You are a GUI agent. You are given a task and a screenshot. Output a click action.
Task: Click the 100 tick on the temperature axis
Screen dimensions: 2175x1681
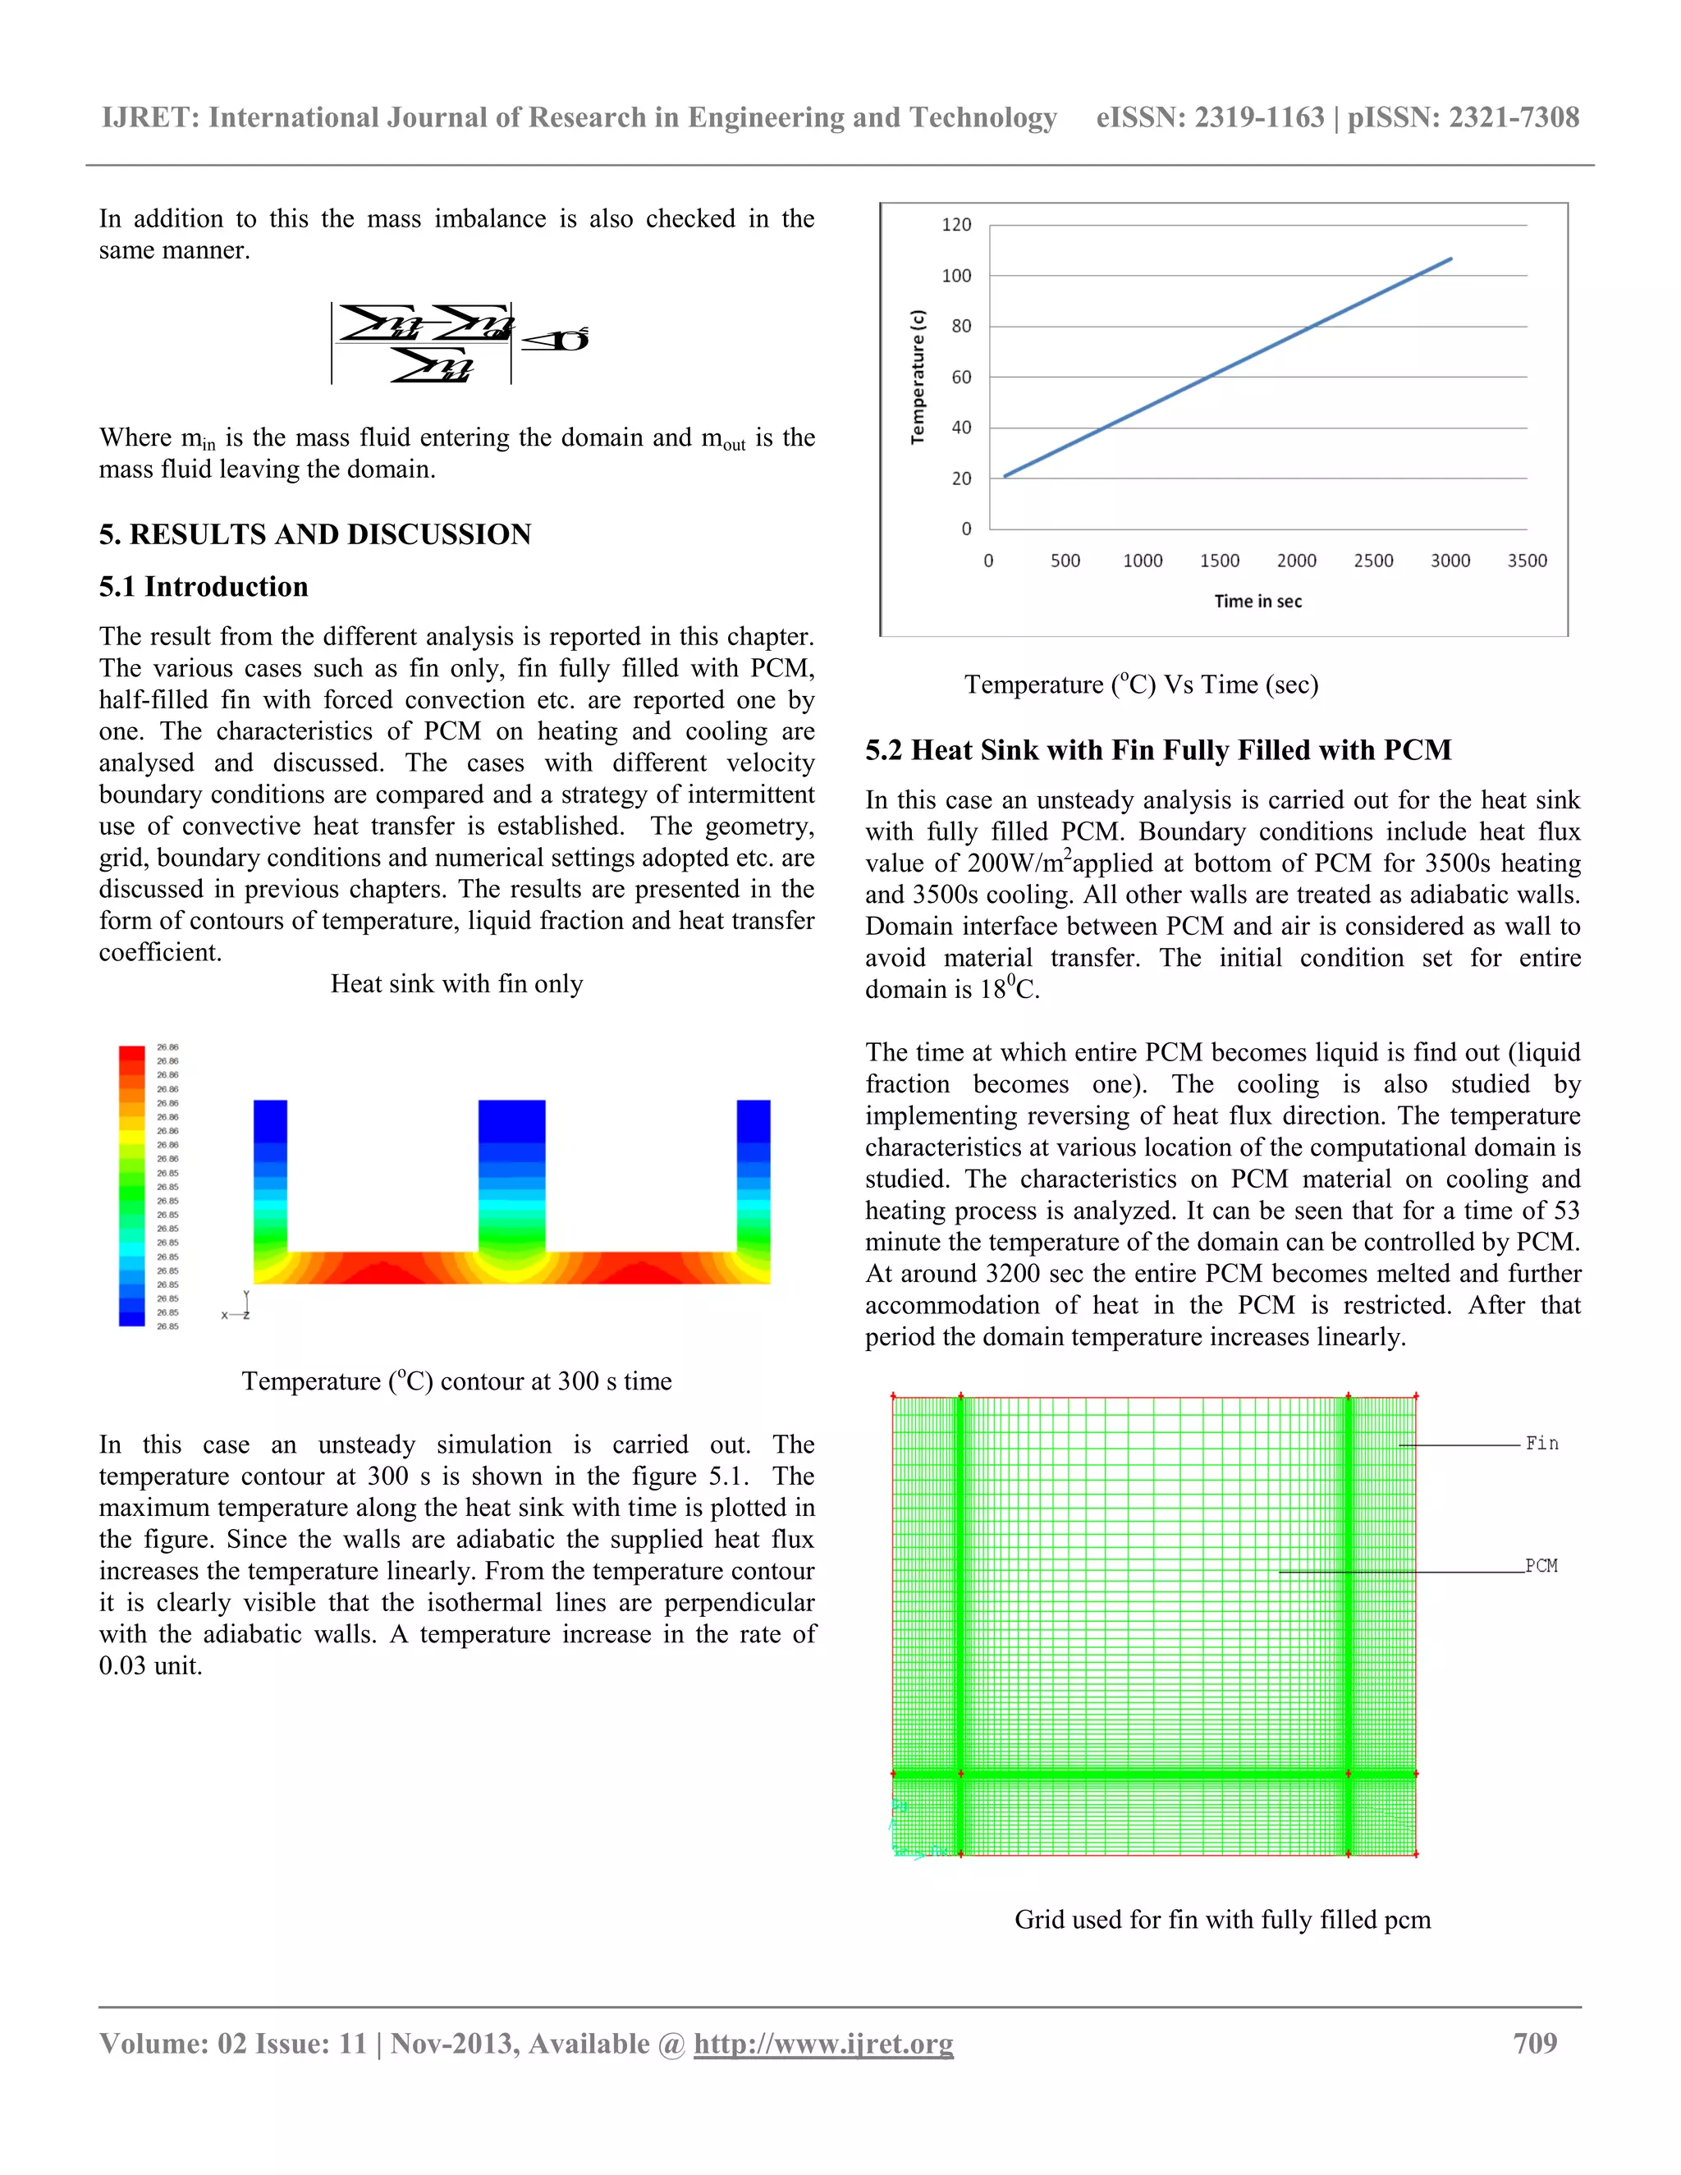956,276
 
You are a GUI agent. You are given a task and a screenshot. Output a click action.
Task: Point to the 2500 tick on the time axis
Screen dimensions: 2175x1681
1373,561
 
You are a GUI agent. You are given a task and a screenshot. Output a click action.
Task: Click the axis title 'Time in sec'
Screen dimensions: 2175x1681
1257,602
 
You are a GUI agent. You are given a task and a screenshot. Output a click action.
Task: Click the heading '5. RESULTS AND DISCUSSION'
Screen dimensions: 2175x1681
314,535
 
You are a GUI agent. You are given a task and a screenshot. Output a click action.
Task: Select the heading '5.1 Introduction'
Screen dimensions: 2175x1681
204,587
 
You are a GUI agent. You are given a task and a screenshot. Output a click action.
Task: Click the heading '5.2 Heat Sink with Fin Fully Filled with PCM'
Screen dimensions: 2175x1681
1157,750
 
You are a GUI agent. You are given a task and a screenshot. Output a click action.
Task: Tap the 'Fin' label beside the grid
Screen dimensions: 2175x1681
1541,1444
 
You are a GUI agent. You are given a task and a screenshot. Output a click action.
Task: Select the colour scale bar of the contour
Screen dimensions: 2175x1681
131,1185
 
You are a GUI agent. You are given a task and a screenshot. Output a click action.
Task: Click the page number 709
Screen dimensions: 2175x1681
1535,2044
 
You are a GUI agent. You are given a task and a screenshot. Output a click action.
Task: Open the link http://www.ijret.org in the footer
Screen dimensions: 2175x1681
822,2044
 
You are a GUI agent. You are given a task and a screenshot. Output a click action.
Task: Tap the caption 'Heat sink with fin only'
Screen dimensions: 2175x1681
456,984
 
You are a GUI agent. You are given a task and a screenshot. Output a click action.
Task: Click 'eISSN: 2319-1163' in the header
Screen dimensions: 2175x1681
1209,117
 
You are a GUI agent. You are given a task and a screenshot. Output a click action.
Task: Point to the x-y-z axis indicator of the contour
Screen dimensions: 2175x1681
238,1307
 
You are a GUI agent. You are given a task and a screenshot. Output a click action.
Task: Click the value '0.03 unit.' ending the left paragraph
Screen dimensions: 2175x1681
150,1666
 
